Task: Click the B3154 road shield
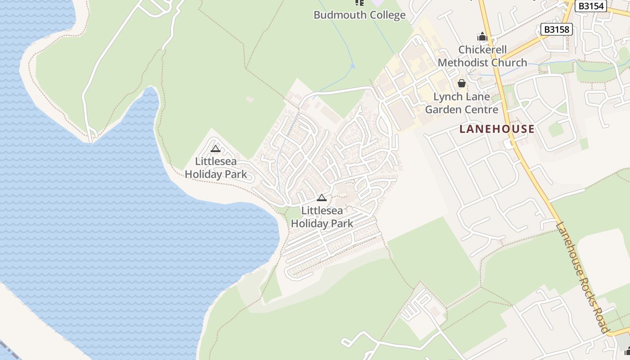click(591, 6)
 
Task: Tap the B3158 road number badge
click(556, 30)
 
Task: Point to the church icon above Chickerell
click(482, 36)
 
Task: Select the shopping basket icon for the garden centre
click(461, 83)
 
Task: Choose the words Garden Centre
click(462, 109)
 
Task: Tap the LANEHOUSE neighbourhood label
click(497, 129)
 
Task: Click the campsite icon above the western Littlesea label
click(216, 149)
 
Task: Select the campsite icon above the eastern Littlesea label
click(322, 198)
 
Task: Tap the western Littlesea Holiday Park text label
click(216, 167)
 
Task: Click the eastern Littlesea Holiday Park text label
click(322, 216)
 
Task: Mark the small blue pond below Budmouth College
click(352, 66)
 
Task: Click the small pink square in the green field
click(249, 99)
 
